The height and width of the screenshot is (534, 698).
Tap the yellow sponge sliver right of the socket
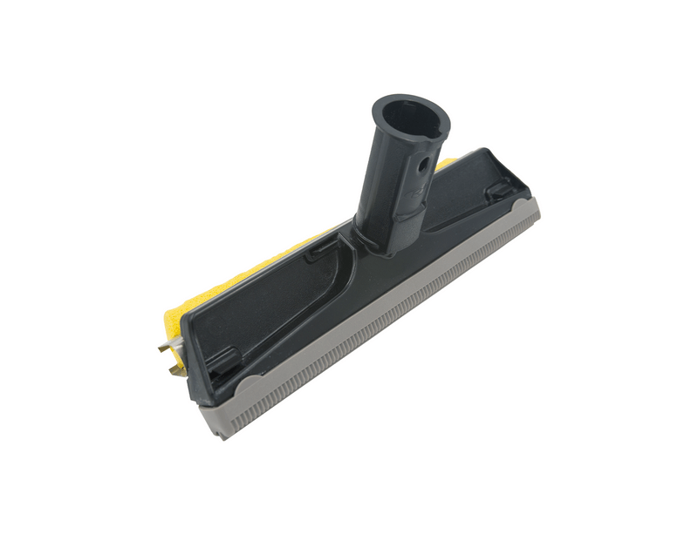pyautogui.click(x=447, y=164)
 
